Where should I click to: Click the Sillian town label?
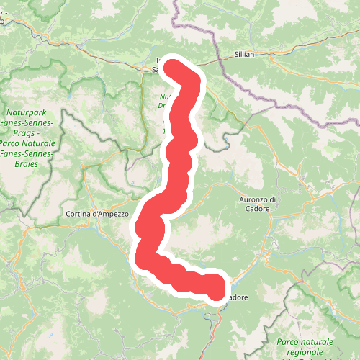point(245,55)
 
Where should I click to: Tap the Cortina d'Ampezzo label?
point(96,214)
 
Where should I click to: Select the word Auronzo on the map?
point(253,199)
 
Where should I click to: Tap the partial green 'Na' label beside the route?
point(164,96)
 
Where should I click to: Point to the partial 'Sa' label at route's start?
point(156,70)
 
